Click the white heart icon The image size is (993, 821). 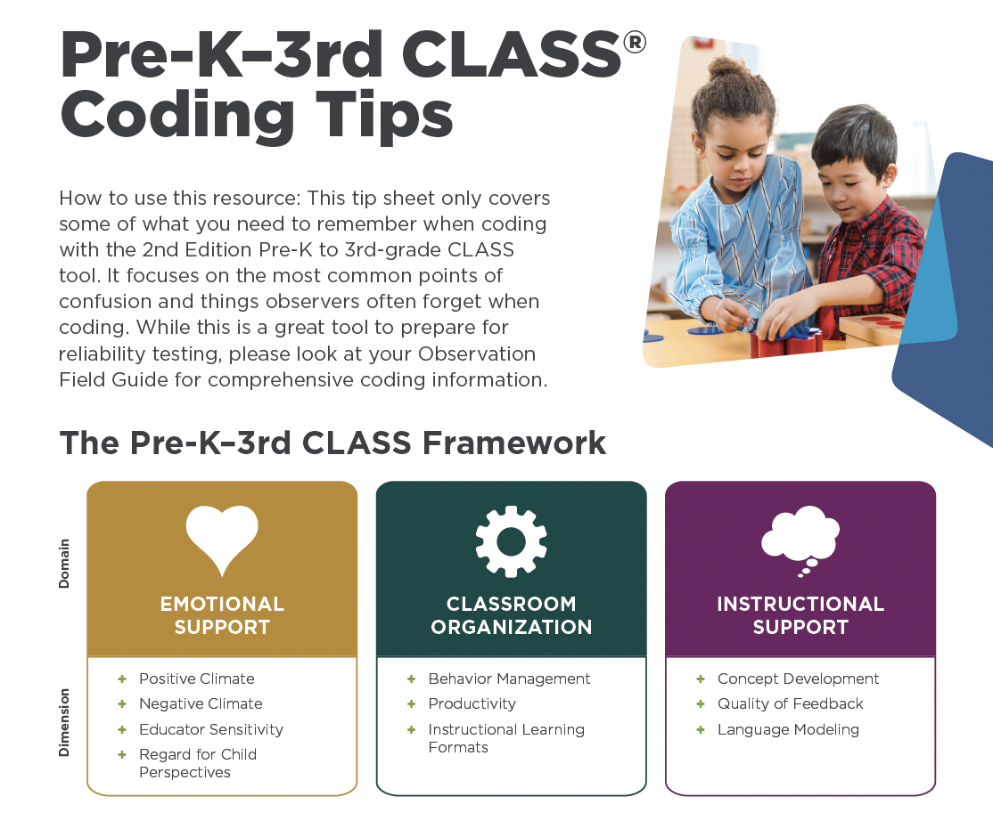click(x=222, y=539)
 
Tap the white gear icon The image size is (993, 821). click(x=511, y=541)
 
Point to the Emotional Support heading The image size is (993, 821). click(x=222, y=615)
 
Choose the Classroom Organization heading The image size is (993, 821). click(x=511, y=615)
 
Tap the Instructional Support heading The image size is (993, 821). click(x=800, y=615)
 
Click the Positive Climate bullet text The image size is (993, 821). click(x=196, y=679)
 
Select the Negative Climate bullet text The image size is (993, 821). click(x=201, y=703)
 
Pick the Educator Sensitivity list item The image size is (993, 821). click(x=210, y=729)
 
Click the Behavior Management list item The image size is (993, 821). click(x=509, y=679)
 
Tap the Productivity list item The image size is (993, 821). click(x=472, y=703)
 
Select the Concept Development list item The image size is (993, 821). click(x=798, y=679)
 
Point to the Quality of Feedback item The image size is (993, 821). click(x=790, y=703)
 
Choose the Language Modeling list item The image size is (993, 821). click(x=788, y=729)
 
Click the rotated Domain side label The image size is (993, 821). click(x=64, y=564)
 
